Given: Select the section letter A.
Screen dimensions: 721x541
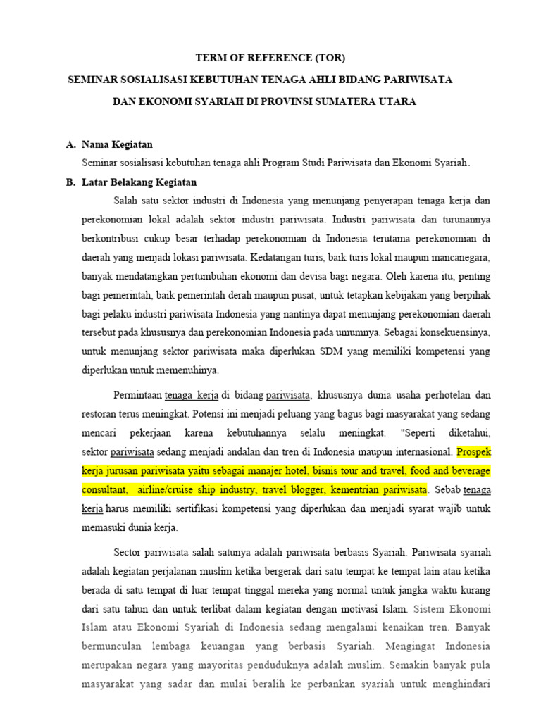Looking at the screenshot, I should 70,144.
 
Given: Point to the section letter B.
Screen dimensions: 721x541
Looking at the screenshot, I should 70,182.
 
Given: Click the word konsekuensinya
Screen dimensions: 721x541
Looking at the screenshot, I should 451,332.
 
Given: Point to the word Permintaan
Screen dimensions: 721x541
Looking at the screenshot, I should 137,394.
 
